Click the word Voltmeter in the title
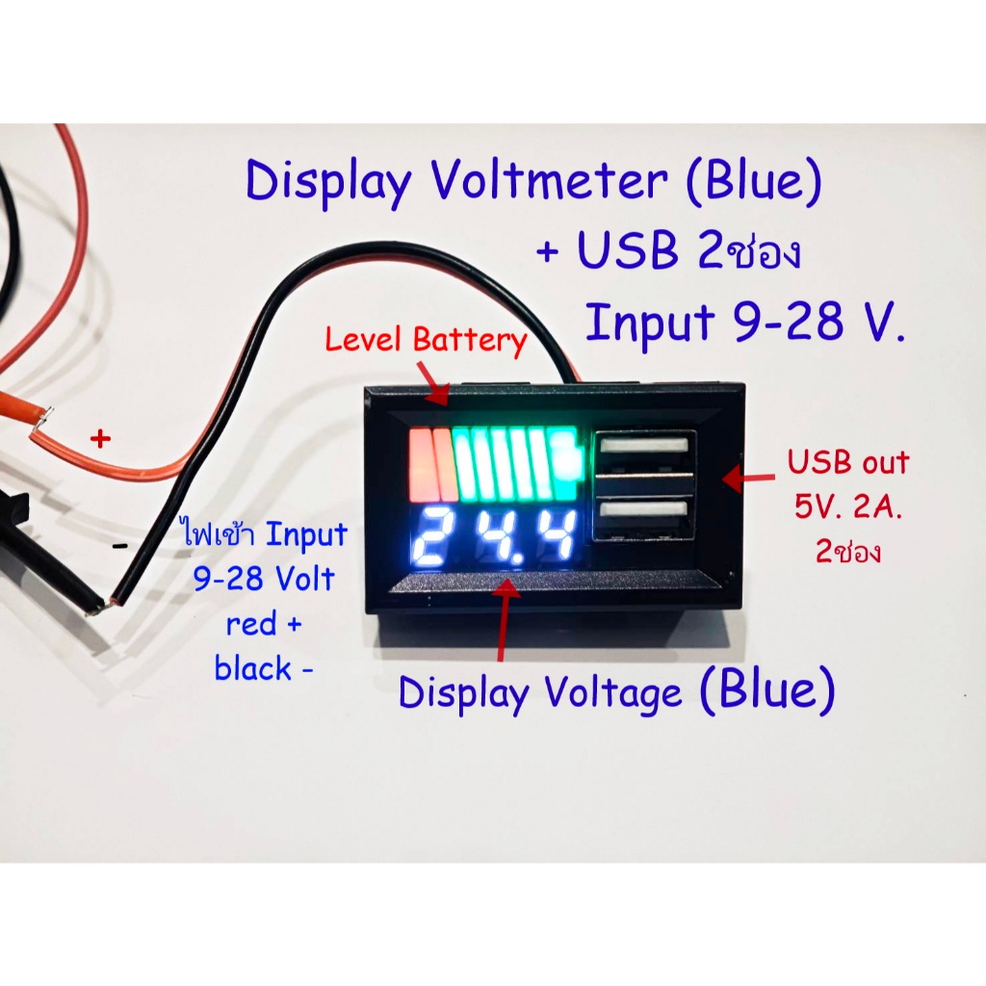pos(549,181)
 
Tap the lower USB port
pos(644,514)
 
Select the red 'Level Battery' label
pos(426,340)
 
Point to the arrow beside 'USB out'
pos(748,478)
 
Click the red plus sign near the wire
pos(100,438)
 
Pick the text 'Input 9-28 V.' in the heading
pos(745,322)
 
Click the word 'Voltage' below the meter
pos(612,693)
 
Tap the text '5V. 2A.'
pos(847,506)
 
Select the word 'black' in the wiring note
pos(253,668)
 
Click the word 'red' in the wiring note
pos(251,624)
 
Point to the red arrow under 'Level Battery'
pos(432,383)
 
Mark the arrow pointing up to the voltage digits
pos(505,619)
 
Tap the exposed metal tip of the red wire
pos(41,420)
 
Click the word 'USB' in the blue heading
pos(628,250)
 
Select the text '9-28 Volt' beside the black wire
pos(264,579)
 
